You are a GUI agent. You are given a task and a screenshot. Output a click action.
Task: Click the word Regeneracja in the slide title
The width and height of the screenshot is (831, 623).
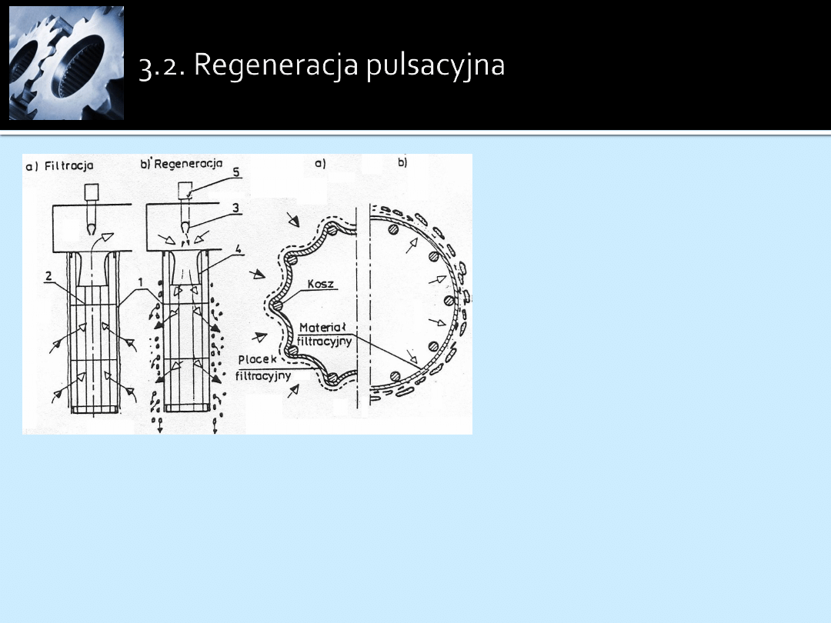[x=277, y=66]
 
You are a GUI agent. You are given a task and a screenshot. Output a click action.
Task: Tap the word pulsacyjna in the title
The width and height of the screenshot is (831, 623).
[x=435, y=66]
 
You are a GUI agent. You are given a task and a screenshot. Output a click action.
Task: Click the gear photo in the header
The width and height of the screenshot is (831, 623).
[x=66, y=63]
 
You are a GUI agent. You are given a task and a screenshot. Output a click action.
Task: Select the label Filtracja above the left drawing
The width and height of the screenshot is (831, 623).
[x=69, y=166]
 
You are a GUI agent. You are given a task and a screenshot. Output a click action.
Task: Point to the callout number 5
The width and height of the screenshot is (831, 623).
[x=236, y=172]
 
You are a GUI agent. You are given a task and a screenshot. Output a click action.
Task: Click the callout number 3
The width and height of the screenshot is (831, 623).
[x=236, y=208]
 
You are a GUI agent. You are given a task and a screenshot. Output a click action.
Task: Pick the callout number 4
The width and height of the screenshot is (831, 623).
[x=239, y=248]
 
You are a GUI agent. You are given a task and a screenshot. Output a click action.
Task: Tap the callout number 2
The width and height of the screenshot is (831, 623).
[x=48, y=275]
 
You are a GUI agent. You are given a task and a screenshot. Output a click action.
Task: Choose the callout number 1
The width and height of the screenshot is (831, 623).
[x=141, y=282]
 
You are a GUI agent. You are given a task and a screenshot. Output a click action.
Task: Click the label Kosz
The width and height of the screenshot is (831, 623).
[x=321, y=284]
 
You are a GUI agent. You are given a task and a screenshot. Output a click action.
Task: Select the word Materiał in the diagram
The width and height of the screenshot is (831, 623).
[x=322, y=328]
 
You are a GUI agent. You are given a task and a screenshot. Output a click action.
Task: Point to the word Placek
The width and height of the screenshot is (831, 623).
[x=258, y=359]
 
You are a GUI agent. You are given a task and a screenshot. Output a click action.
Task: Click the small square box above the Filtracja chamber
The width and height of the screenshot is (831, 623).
[x=91, y=192]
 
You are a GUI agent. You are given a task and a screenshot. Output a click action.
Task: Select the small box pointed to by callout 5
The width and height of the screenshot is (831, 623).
[x=185, y=190]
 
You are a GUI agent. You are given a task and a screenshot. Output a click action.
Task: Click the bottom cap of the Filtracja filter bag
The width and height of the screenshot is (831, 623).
[x=94, y=409]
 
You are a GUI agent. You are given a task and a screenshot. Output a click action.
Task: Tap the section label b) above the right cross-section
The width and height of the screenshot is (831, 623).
[x=402, y=162]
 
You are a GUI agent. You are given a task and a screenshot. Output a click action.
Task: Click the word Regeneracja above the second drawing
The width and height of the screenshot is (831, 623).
[x=189, y=164]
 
